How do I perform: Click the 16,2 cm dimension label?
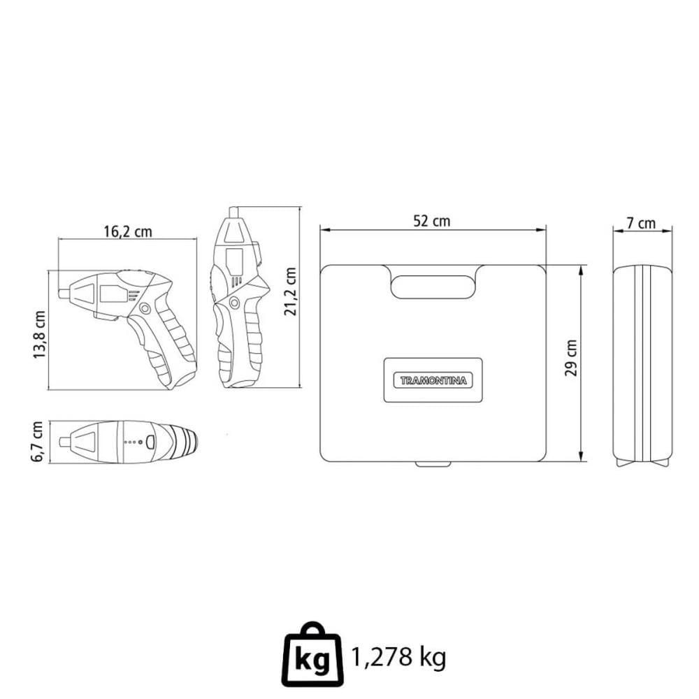(128, 232)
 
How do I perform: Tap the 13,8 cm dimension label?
(39, 335)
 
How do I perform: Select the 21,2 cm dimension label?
(290, 291)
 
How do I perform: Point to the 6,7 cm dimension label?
(38, 442)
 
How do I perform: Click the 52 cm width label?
(431, 221)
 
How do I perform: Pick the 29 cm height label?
(571, 358)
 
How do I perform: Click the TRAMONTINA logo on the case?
(433, 381)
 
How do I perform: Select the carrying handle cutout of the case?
(431, 287)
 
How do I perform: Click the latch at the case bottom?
(433, 464)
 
